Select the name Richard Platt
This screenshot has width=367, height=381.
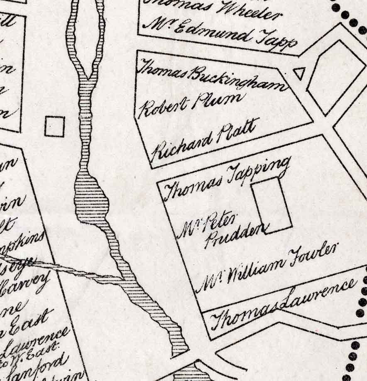(x=205, y=139)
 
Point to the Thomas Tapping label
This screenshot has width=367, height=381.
(x=227, y=178)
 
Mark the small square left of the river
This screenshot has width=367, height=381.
(x=55, y=126)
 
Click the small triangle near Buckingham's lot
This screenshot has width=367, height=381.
(x=299, y=73)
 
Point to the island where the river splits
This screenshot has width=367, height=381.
(x=86, y=37)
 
